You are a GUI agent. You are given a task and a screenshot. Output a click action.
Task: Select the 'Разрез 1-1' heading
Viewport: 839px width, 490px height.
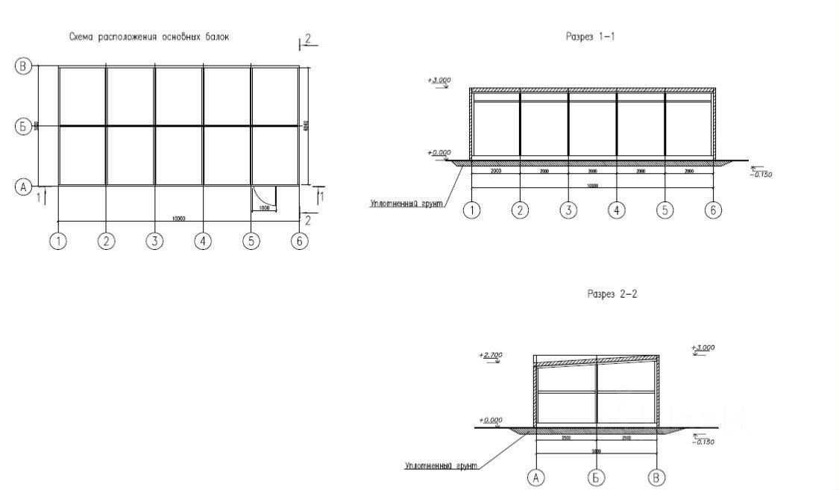coord(591,37)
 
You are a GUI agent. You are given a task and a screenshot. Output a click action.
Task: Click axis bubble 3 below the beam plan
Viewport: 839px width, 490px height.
coord(154,242)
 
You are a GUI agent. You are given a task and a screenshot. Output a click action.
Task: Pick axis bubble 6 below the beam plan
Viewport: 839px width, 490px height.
coord(300,242)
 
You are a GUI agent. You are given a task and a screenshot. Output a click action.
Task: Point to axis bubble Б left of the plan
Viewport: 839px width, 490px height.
coord(23,127)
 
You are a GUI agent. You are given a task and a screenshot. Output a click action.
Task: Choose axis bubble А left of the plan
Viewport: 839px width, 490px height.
coord(23,188)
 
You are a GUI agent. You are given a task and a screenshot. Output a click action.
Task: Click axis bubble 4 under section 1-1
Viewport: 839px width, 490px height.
coord(616,210)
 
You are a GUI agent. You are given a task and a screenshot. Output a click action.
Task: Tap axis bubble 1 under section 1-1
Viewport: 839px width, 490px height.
coord(471,210)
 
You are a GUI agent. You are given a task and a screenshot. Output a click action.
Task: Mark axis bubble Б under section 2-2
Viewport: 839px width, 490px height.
coord(596,477)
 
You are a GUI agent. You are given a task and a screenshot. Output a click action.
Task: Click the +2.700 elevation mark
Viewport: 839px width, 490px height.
coord(491,356)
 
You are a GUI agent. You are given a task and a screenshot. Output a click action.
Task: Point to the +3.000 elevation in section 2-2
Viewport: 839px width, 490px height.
coord(703,348)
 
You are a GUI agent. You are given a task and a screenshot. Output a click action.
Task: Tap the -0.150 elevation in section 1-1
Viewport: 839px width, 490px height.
coord(762,175)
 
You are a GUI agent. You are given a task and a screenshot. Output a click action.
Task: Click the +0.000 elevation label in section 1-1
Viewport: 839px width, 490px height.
coord(440,153)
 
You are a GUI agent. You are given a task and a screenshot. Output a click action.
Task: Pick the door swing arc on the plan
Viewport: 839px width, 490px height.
coord(263,195)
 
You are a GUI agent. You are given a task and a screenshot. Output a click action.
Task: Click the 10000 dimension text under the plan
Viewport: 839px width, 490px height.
coord(178,219)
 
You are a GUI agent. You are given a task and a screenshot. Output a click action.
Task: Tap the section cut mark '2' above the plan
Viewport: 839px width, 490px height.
coord(307,39)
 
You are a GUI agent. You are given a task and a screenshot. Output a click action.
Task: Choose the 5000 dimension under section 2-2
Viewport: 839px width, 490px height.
coord(596,451)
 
